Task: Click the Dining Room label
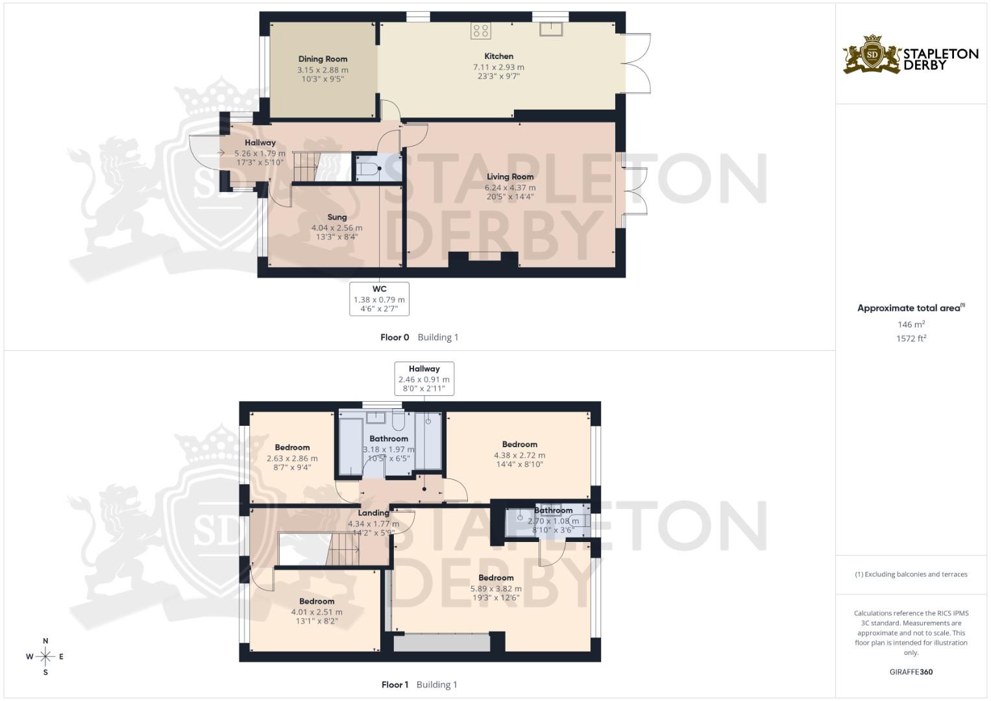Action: (323, 59)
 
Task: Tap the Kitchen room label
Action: (498, 56)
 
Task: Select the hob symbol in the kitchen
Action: (481, 30)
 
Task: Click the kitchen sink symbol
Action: (551, 29)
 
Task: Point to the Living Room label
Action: (510, 177)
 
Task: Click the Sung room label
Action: (337, 217)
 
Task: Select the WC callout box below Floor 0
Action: (379, 299)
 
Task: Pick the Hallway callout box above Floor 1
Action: (424, 378)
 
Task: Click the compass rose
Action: (45, 657)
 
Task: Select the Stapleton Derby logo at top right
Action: (911, 55)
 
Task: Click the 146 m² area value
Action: (911, 325)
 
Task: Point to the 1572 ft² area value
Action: (911, 338)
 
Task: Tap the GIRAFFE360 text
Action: (911, 672)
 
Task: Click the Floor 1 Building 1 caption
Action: (419, 685)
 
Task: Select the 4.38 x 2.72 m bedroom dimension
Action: (519, 455)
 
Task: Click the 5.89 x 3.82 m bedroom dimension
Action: (496, 589)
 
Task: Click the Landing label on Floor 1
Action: (373, 513)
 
